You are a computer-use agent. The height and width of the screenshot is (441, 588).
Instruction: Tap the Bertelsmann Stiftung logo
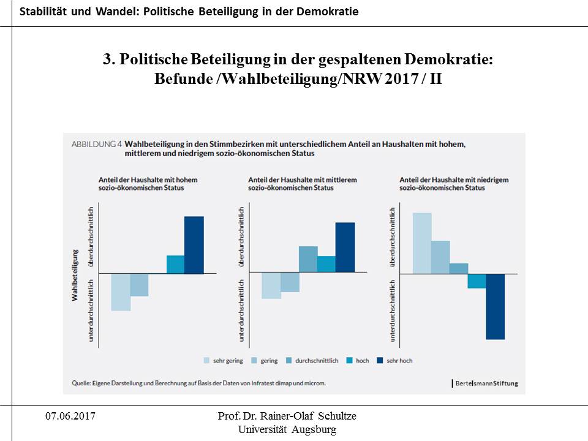click(x=485, y=383)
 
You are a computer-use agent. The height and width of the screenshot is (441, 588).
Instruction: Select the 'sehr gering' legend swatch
click(x=207, y=361)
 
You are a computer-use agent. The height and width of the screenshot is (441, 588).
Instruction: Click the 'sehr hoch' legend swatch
click(x=380, y=361)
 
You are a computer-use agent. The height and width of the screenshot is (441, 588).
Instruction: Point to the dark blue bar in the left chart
click(x=194, y=245)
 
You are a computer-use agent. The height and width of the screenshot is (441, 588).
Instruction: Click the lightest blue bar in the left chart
click(x=121, y=292)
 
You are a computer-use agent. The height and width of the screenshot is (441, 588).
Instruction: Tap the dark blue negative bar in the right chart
click(x=495, y=306)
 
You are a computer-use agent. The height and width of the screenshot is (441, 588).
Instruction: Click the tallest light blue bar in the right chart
click(x=422, y=243)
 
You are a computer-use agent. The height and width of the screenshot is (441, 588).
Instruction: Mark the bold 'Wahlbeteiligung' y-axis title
click(x=75, y=274)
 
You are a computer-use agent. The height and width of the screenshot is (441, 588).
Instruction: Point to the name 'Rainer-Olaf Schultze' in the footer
click(x=311, y=417)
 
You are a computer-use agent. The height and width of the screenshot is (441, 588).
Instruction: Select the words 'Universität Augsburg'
click(x=287, y=429)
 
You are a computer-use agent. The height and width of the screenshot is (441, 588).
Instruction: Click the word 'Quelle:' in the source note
click(x=81, y=383)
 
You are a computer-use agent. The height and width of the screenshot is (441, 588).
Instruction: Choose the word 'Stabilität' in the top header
click(x=42, y=12)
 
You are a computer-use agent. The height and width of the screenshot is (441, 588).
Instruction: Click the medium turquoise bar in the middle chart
click(x=326, y=264)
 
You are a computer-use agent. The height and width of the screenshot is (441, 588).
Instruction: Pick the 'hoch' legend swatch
click(x=350, y=361)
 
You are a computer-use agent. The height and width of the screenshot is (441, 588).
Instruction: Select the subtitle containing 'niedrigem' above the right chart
click(x=454, y=184)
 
